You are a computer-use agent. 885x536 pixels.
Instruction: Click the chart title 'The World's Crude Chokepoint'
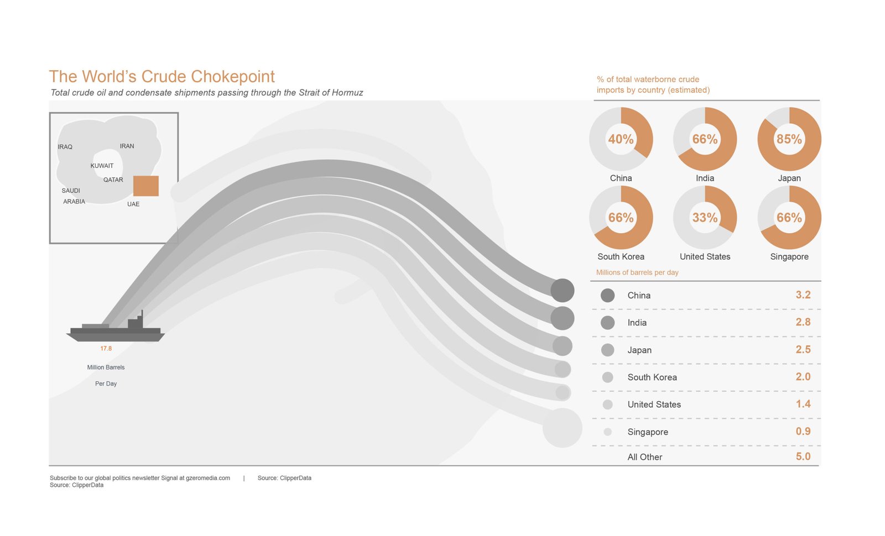click(x=162, y=77)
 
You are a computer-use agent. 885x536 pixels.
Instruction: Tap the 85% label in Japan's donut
click(x=789, y=139)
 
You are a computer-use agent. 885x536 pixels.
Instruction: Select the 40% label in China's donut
click(x=621, y=139)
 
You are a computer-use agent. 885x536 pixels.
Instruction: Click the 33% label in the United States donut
click(x=705, y=218)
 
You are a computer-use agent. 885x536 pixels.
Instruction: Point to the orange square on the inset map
click(x=146, y=186)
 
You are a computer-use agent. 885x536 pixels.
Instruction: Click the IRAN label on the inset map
click(x=127, y=146)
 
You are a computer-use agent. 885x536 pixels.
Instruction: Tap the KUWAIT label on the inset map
click(x=102, y=166)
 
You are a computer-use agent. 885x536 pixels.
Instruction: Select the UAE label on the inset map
click(x=133, y=204)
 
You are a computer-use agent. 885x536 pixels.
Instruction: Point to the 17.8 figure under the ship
click(x=106, y=349)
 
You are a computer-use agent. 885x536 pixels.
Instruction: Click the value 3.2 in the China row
click(x=803, y=295)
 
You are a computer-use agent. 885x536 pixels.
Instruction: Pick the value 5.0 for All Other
click(x=803, y=456)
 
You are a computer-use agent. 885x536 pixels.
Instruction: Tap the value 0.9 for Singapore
click(x=803, y=432)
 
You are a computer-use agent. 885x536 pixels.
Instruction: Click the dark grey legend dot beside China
click(x=608, y=295)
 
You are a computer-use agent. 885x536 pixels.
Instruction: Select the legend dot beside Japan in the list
click(x=608, y=350)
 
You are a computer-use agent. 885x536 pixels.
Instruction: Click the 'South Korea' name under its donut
click(x=621, y=256)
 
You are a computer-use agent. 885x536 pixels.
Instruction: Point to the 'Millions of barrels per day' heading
click(x=637, y=272)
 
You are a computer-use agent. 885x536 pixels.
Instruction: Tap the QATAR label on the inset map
click(x=113, y=180)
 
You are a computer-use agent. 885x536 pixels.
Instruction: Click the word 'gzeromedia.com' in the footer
click(x=208, y=478)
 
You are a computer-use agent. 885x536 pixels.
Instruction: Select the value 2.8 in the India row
click(x=803, y=322)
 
